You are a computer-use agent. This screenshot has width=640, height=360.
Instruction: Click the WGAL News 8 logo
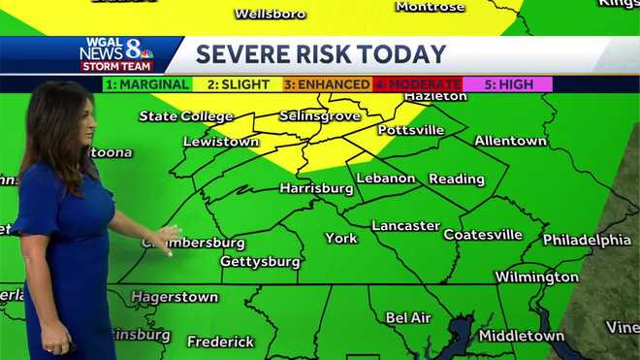tap(116, 54)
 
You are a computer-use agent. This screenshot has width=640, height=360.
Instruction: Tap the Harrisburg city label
tap(316, 188)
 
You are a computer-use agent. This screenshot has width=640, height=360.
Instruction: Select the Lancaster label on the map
tap(405, 226)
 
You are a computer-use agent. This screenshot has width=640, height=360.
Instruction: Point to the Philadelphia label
tap(587, 240)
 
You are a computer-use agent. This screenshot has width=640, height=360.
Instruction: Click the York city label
tap(341, 238)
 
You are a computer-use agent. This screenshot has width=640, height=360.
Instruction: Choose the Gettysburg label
tap(260, 262)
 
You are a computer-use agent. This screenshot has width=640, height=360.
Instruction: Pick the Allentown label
tap(510, 141)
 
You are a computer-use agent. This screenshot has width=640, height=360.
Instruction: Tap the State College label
tap(186, 116)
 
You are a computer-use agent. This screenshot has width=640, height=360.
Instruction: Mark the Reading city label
tap(456, 179)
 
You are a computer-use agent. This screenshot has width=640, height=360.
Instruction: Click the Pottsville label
tap(410, 130)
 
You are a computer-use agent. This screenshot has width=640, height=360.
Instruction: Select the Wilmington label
tap(536, 278)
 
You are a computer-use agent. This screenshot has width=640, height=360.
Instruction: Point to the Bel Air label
tap(408, 317)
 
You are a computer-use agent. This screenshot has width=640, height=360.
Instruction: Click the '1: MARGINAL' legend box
tap(147, 84)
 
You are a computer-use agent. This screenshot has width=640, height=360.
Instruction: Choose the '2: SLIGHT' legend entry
tap(237, 84)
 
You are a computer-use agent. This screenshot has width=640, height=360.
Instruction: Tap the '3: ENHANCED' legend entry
tap(327, 84)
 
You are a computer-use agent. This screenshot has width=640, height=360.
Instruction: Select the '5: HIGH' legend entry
tap(508, 84)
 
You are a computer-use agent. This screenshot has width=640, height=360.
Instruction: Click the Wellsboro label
tap(271, 14)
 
